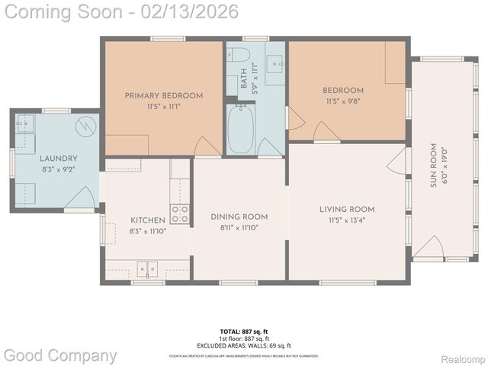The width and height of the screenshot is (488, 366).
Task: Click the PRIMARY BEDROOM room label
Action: [x=164, y=95]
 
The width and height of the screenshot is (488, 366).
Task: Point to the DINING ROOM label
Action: [x=239, y=217]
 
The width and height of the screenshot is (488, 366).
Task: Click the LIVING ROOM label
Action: [x=347, y=209]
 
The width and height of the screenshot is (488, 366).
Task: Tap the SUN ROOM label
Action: [x=433, y=165]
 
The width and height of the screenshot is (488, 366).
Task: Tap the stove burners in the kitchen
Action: [x=180, y=214]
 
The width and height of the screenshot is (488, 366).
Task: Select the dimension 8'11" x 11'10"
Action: [x=239, y=227]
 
